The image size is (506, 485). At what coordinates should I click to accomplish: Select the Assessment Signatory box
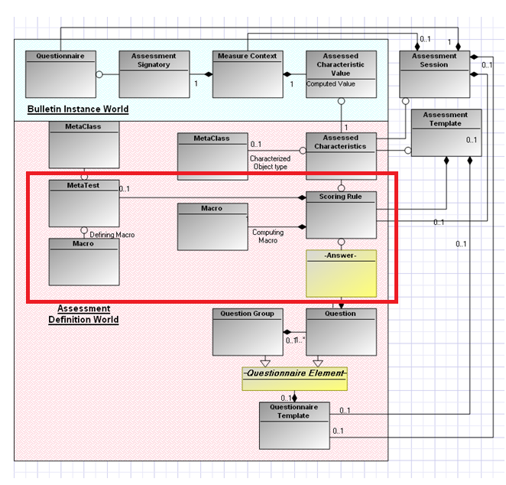pyautogui.click(x=154, y=74)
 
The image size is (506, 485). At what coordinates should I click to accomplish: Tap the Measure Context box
pyautogui.click(x=247, y=74)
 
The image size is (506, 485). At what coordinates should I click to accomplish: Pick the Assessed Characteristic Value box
pyautogui.click(x=341, y=74)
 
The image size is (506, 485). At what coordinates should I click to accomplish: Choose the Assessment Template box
pyautogui.click(x=446, y=132)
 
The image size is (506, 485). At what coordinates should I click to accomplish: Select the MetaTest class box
pyautogui.click(x=83, y=203)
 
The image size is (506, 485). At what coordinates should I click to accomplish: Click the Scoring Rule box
pyautogui.click(x=341, y=214)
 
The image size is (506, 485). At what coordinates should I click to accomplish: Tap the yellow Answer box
pyautogui.click(x=341, y=273)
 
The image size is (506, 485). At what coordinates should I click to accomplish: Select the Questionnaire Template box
pyautogui.click(x=294, y=425)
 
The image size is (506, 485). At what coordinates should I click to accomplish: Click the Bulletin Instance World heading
pyautogui.click(x=78, y=109)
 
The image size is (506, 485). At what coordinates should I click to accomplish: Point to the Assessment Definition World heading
pyautogui.click(x=83, y=314)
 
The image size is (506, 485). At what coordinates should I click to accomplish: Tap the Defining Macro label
pyautogui.click(x=112, y=235)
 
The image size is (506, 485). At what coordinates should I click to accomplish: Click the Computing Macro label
pyautogui.click(x=268, y=236)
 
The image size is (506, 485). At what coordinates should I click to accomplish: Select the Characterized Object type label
pyautogui.click(x=270, y=163)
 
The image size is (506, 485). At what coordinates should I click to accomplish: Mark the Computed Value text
pyautogui.click(x=331, y=84)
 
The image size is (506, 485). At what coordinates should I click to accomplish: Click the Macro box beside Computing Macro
pyautogui.click(x=212, y=226)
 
